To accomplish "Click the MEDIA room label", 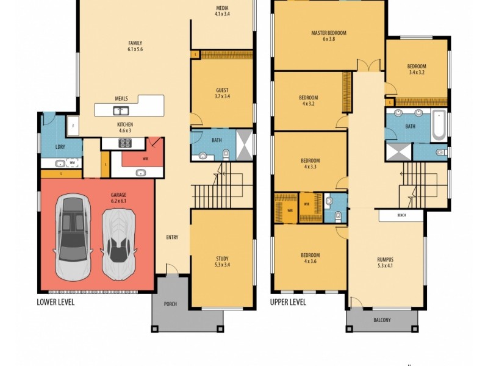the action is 222,11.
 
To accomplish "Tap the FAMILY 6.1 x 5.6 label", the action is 135,46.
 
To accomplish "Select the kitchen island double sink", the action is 121,110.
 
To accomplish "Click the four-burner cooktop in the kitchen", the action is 125,143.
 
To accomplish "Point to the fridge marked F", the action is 73,126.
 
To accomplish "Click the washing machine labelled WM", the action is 72,163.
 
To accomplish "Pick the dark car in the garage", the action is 73,237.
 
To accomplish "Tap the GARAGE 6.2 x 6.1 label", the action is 118,198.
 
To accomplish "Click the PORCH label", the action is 170,304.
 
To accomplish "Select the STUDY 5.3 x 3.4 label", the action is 222,262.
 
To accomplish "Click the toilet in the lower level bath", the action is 226,154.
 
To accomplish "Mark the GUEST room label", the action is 222,93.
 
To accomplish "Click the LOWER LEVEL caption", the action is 56,302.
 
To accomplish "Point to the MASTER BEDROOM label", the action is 329,36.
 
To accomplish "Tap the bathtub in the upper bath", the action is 439,125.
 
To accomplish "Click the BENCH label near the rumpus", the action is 401,215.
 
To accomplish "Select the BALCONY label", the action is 382,320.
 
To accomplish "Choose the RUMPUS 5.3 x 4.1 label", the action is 386,262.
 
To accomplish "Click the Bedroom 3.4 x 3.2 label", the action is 417,69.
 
